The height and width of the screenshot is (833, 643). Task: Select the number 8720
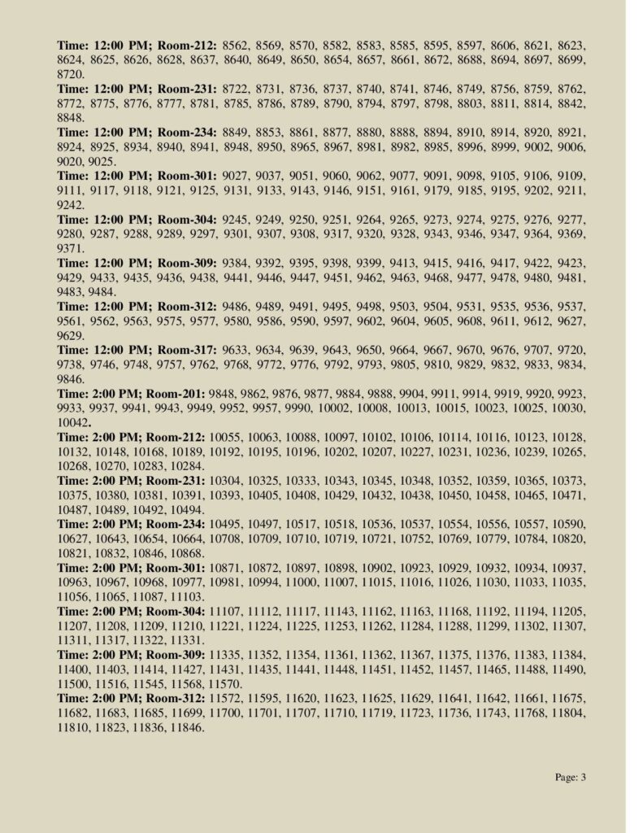pyautogui.click(x=71, y=74)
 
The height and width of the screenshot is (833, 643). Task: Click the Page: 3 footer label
pyautogui.click(x=571, y=777)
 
